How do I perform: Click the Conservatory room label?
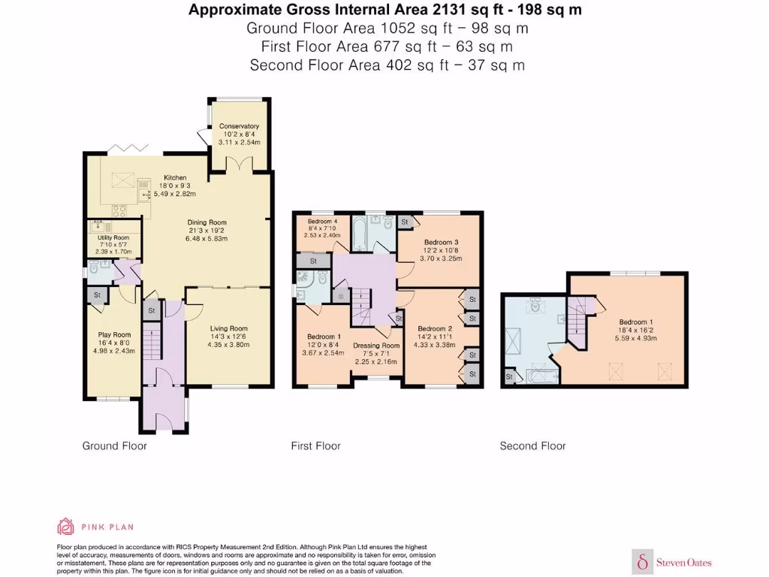click(239, 126)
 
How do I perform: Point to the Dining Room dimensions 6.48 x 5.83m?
click(207, 238)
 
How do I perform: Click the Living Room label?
click(228, 328)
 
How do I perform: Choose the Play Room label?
click(114, 335)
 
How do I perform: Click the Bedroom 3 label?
click(441, 242)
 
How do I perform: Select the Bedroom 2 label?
click(435, 329)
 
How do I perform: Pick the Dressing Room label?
click(375, 346)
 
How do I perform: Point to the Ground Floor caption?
click(114, 446)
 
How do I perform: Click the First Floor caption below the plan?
click(315, 446)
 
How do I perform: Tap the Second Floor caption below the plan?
click(532, 446)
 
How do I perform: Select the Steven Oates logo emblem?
click(643, 561)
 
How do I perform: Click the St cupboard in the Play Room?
click(98, 295)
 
